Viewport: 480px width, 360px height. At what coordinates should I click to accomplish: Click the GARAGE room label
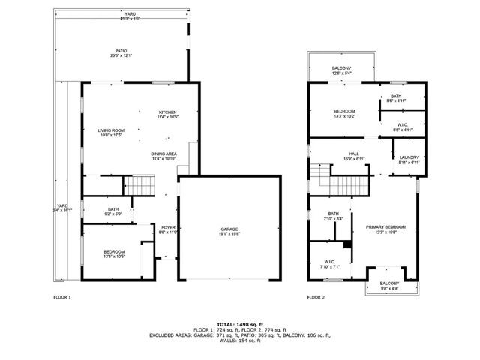229,230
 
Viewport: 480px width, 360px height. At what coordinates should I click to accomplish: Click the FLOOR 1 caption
62,298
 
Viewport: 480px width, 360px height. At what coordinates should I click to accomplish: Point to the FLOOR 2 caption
316,298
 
